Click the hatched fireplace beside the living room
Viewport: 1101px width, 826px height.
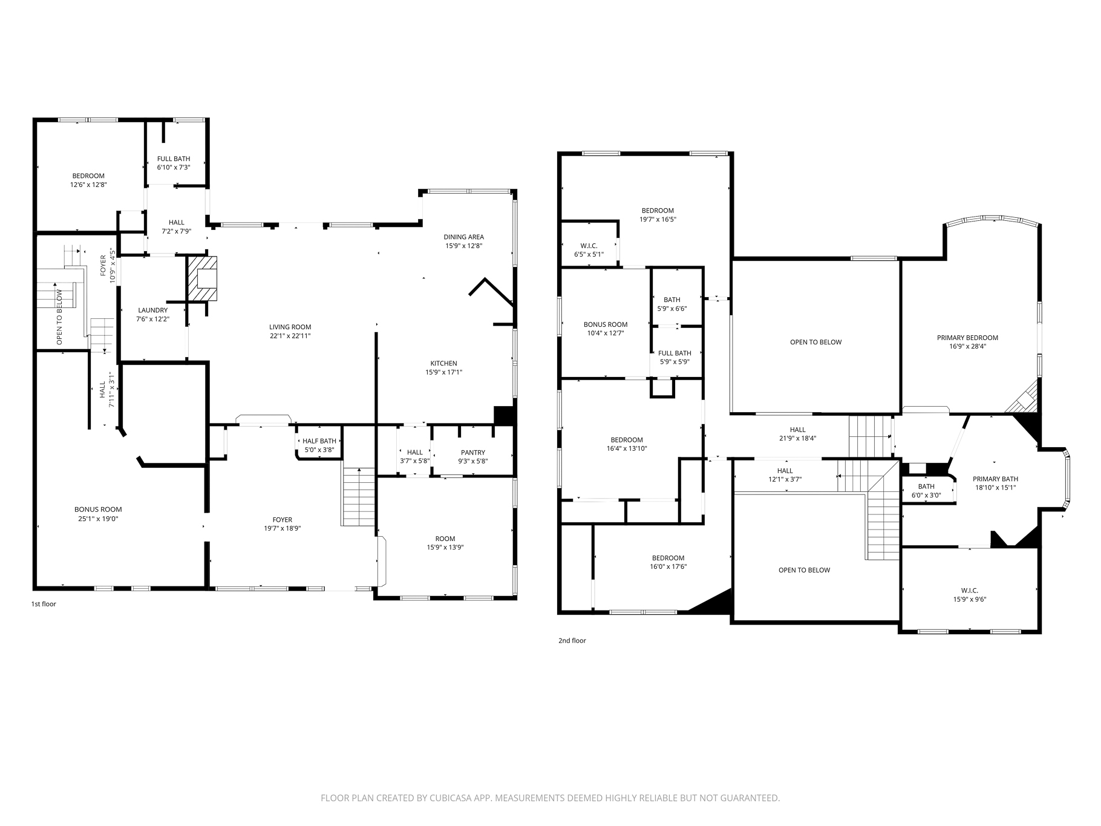pos(201,279)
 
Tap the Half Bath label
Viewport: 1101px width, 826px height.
pos(319,441)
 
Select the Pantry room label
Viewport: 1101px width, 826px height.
pos(472,453)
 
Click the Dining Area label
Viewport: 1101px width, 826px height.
pos(463,237)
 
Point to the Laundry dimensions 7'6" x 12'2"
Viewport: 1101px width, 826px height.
pos(152,319)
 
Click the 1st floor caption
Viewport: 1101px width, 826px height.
pos(44,604)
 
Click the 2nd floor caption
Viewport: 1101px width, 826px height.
pos(572,640)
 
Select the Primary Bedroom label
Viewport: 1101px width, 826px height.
pos(967,338)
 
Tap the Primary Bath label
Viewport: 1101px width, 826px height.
pos(995,479)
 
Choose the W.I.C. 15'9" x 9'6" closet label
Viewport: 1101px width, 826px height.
pos(969,591)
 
